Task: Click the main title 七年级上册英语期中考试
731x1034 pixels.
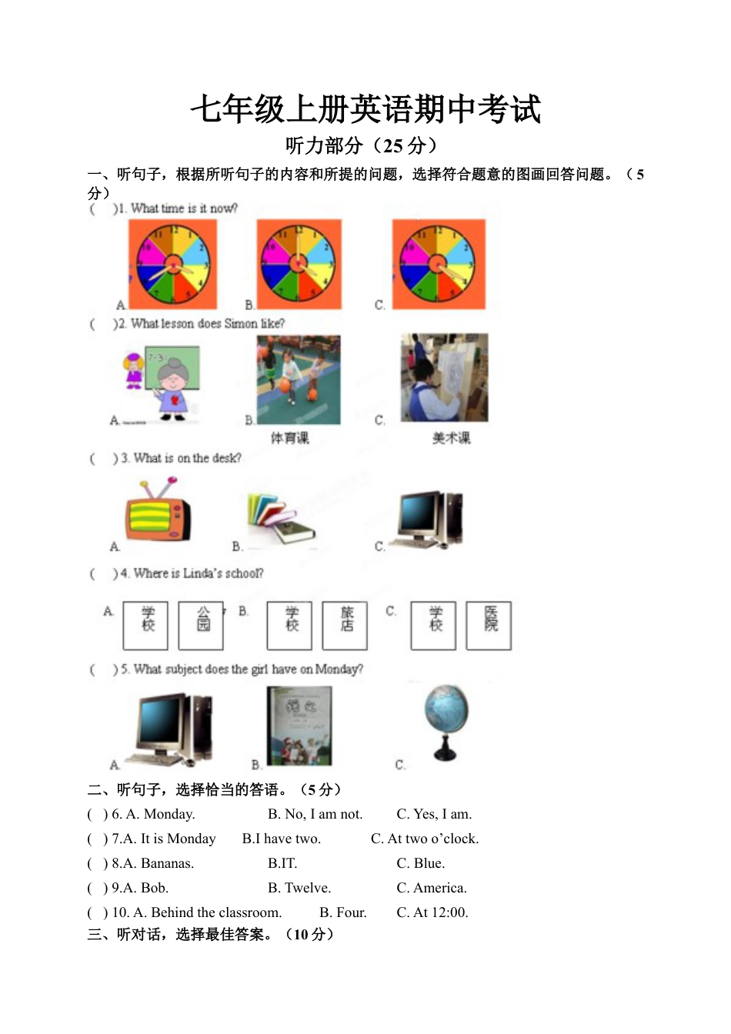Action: pos(365,109)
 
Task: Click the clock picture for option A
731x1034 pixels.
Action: pos(173,264)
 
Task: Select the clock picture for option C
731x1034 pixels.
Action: pos(439,264)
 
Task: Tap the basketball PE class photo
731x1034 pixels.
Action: pos(299,379)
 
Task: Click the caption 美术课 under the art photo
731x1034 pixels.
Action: pos(451,438)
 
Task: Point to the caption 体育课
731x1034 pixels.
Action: pos(290,438)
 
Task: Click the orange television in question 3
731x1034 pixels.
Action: pos(159,513)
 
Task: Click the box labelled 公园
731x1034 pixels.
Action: pos(202,625)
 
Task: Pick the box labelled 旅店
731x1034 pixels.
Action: pos(345,625)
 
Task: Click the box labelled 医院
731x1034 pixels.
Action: pos(489,625)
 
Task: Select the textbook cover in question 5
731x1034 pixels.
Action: pos(300,726)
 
